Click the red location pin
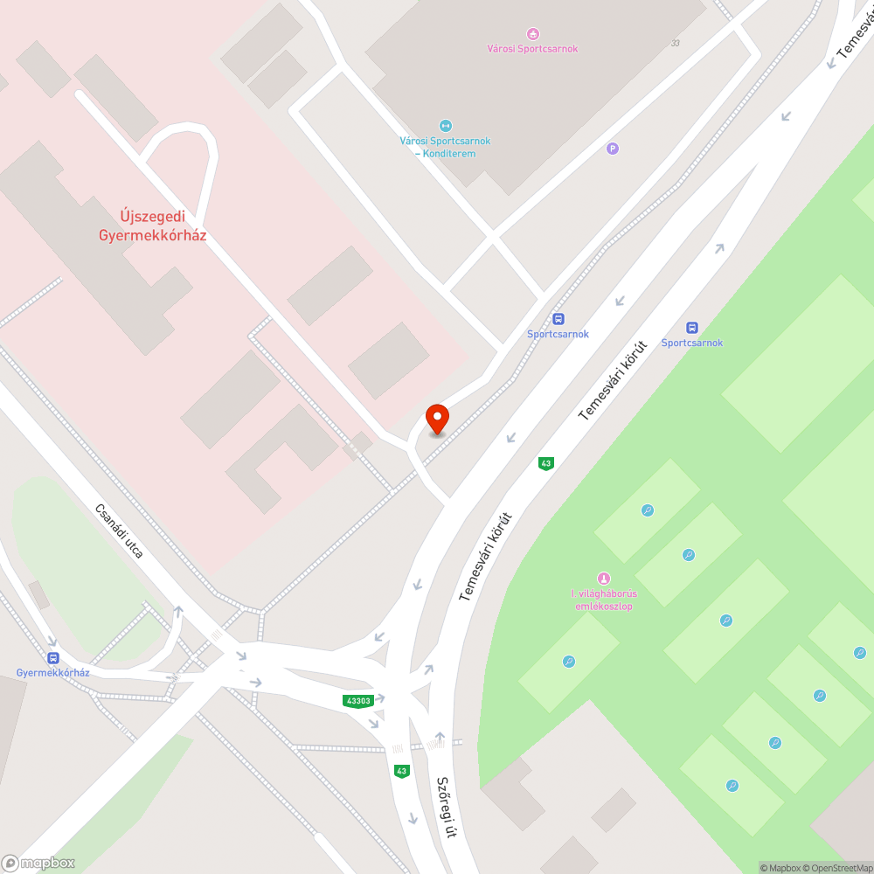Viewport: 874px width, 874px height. pos(436,420)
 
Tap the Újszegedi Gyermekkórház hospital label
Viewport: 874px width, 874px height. pos(153,225)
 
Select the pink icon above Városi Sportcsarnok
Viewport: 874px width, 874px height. pos(533,34)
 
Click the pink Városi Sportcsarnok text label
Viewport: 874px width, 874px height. pos(533,49)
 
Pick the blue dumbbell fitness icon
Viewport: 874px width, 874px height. pos(446,126)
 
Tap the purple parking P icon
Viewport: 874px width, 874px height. pos(613,149)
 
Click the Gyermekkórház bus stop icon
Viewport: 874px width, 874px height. pos(53,657)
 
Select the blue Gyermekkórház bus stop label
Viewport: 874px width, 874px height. pos(53,673)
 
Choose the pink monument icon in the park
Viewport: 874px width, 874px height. pos(602,579)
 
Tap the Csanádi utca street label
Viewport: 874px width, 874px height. pos(120,531)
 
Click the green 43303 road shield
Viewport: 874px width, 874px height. pos(358,701)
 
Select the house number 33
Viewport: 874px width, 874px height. pos(675,43)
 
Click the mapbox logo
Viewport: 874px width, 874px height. pos(38,863)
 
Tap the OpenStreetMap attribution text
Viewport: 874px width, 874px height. pos(837,868)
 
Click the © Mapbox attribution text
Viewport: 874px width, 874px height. pos(780,868)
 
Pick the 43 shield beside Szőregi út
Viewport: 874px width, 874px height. pos(401,771)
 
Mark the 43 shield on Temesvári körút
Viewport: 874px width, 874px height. pos(546,463)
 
